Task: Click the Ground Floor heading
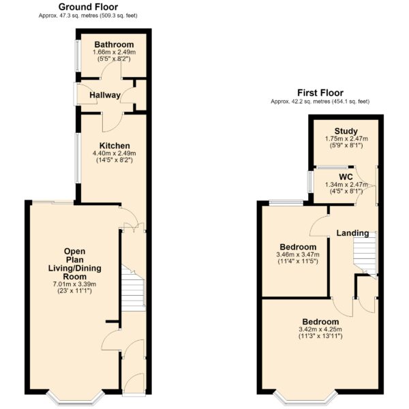88,7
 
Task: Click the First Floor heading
320,93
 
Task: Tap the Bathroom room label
114,44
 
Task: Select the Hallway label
105,95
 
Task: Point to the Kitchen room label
115,146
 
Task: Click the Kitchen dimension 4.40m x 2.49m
115,153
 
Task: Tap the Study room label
346,131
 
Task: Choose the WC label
346,177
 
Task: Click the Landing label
352,233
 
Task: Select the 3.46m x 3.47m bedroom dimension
298,254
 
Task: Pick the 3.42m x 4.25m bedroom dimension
320,329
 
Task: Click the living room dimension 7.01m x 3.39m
74,284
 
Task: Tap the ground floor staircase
134,288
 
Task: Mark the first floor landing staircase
365,252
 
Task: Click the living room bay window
76,397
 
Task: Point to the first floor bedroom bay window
304,397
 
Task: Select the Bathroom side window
78,55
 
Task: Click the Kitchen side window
78,159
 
